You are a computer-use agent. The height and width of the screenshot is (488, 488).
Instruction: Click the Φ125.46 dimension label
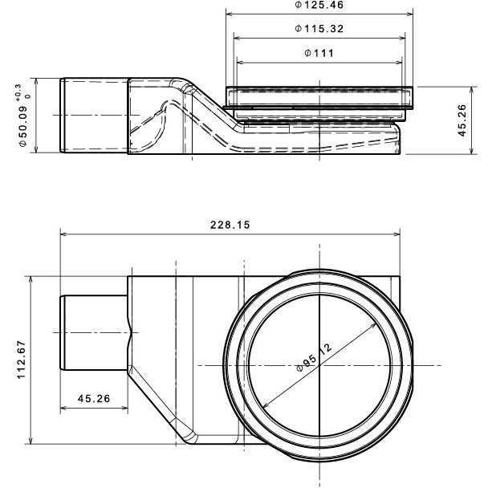[x=320, y=6]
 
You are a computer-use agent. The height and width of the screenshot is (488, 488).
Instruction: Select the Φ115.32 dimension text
[x=320, y=29]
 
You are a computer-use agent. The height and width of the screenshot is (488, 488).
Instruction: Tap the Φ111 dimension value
[x=319, y=53]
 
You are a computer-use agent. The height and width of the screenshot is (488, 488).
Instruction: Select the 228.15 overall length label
[x=230, y=226]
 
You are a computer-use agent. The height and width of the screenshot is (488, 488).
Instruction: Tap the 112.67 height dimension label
[x=22, y=359]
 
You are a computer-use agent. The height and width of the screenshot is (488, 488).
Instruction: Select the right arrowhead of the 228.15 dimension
[x=396, y=235]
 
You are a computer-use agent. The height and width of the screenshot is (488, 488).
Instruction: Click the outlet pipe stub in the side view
[x=92, y=115]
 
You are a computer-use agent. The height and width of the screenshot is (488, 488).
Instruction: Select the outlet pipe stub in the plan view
[x=92, y=332]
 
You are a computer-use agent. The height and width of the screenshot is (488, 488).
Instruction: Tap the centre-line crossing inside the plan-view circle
[x=319, y=365]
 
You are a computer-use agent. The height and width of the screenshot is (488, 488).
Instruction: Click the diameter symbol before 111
[x=309, y=53]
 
